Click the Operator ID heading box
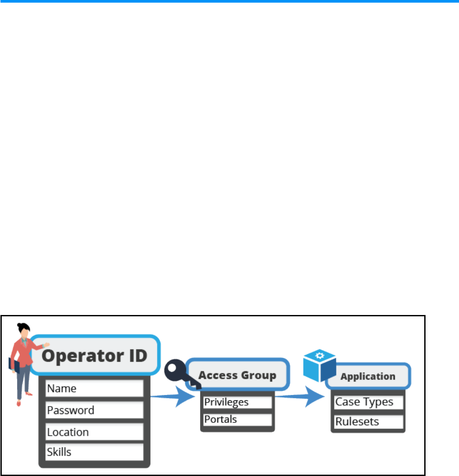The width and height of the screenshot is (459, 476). tap(94, 355)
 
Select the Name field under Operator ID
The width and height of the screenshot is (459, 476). tap(95, 388)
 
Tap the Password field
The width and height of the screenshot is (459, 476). tap(95, 410)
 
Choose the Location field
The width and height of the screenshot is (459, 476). tap(95, 432)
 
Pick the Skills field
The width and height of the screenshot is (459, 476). tap(95, 452)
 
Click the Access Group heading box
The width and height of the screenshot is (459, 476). tap(238, 375)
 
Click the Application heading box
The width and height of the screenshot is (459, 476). tap(368, 377)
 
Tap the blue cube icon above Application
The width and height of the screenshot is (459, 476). tap(319, 366)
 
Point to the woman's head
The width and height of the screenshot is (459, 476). tap(23, 331)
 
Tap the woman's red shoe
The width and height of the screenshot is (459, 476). tap(18, 403)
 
